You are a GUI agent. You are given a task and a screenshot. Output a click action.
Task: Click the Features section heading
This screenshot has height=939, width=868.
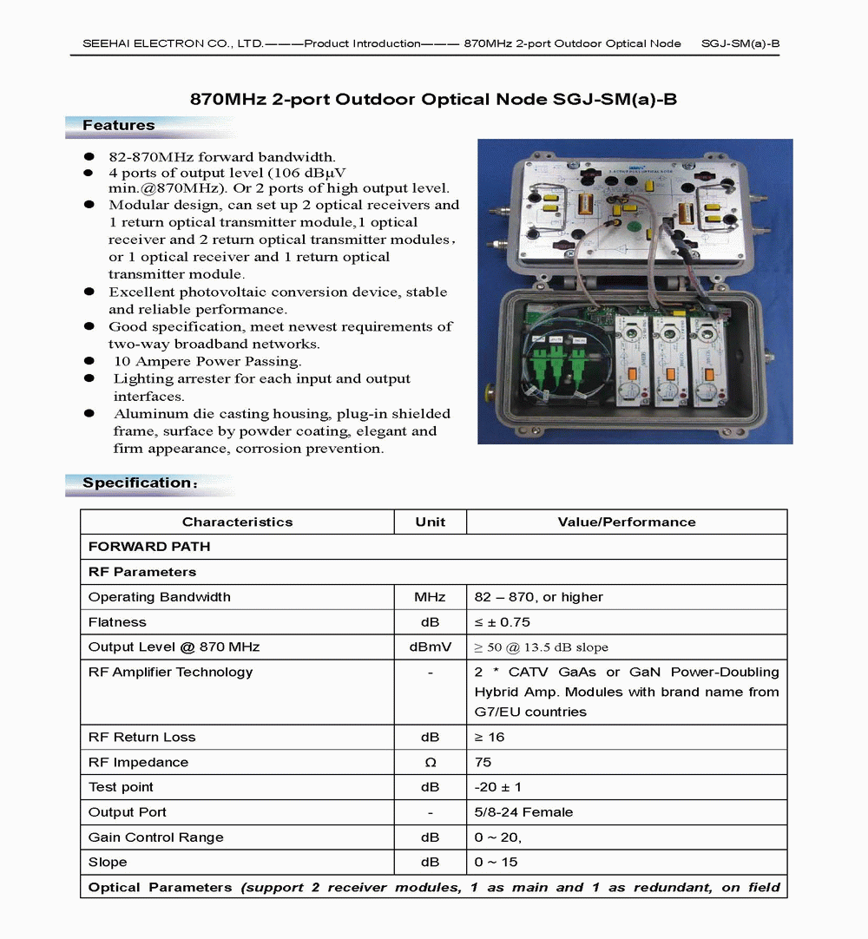pyautogui.click(x=119, y=126)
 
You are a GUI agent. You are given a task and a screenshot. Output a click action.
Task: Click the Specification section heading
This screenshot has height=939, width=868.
pyautogui.click(x=139, y=483)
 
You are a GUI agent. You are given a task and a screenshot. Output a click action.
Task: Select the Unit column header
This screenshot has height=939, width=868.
pyautogui.click(x=431, y=522)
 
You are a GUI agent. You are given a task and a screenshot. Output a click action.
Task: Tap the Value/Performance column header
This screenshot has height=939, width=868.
pyautogui.click(x=626, y=522)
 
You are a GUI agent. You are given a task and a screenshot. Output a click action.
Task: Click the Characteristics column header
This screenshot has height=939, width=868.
pyautogui.click(x=237, y=522)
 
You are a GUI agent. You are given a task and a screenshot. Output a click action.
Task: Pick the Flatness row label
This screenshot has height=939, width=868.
pyautogui.click(x=117, y=622)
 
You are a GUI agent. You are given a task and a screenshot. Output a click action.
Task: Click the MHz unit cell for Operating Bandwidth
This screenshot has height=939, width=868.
pyautogui.click(x=431, y=597)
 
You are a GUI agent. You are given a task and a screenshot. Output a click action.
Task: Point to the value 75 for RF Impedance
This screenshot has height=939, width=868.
pyautogui.click(x=483, y=762)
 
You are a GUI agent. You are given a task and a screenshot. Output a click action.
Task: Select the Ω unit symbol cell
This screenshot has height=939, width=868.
pyautogui.click(x=431, y=762)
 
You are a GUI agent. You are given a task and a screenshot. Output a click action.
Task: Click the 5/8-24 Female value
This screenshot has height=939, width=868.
pyautogui.click(x=523, y=812)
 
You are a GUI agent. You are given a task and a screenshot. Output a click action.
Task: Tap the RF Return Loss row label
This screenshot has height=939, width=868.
pyautogui.click(x=141, y=737)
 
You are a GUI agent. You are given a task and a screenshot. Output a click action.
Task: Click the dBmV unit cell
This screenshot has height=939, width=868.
pyautogui.click(x=431, y=647)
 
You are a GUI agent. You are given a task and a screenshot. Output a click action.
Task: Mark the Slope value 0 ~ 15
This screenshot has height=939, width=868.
pyautogui.click(x=496, y=863)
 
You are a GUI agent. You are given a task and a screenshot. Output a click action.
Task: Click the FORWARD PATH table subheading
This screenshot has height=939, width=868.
pyautogui.click(x=149, y=547)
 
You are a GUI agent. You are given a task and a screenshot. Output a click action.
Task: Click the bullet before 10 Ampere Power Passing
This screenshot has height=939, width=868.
pyautogui.click(x=89, y=360)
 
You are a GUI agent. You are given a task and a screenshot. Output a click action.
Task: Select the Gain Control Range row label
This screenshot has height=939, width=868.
pyautogui.click(x=156, y=837)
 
